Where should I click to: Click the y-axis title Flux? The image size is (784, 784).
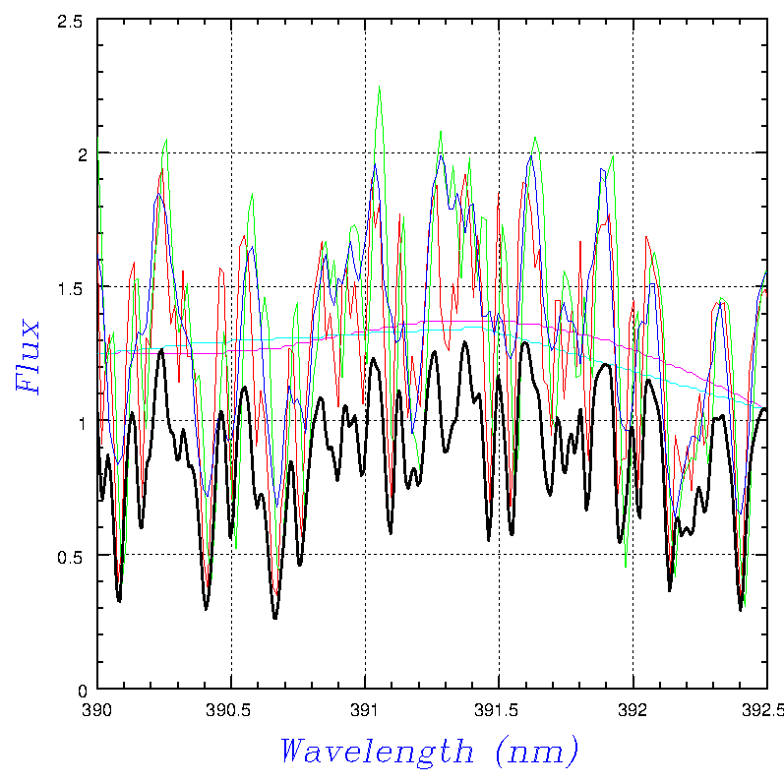tap(30, 356)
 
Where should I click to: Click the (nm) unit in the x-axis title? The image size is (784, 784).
tap(536, 753)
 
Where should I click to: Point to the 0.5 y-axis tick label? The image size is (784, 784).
tap(76, 556)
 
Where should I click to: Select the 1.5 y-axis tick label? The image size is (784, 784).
tap(76, 287)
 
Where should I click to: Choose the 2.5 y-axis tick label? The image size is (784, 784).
tap(76, 20)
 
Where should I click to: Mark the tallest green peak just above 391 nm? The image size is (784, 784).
tap(379, 87)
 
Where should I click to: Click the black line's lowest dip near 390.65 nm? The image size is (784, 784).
tap(275, 618)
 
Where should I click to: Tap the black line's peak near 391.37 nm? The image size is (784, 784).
tap(463, 341)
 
